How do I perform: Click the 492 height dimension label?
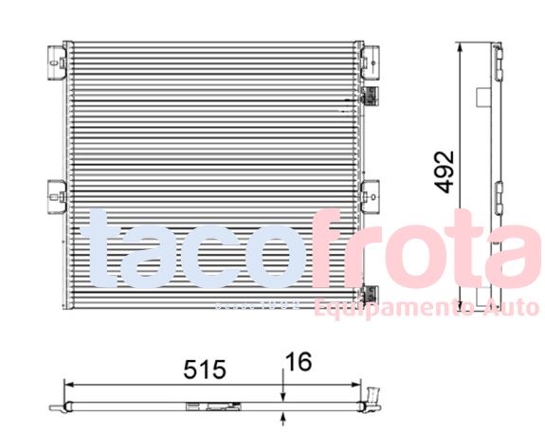[445, 171]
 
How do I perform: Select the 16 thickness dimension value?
[298, 362]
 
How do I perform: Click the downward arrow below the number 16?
[283, 397]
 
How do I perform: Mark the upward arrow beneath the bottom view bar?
[283, 415]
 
